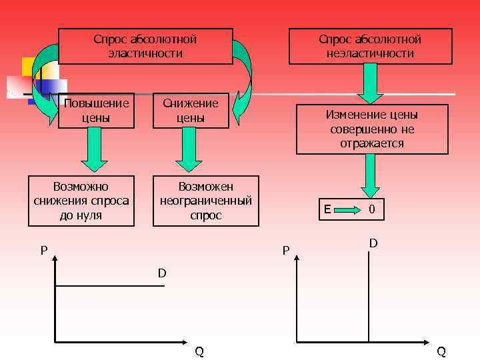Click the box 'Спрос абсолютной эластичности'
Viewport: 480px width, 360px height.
(145, 46)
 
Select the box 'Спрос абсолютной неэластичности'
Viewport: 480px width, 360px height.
(370, 46)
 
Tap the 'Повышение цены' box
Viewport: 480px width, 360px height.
(96, 110)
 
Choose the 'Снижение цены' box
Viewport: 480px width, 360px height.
(191, 110)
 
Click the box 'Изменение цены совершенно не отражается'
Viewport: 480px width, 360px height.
(372, 129)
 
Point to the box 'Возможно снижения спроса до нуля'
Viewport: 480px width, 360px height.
(81, 201)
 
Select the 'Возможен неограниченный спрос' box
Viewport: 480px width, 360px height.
(206, 201)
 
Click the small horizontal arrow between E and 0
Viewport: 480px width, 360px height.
(347, 210)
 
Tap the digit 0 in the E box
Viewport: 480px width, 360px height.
(372, 210)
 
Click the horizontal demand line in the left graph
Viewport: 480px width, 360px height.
(110, 287)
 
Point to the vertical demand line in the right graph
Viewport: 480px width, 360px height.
(368, 293)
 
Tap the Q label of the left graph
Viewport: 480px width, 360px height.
(199, 351)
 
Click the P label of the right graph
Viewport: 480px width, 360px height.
(285, 251)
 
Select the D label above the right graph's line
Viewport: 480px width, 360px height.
(373, 244)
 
